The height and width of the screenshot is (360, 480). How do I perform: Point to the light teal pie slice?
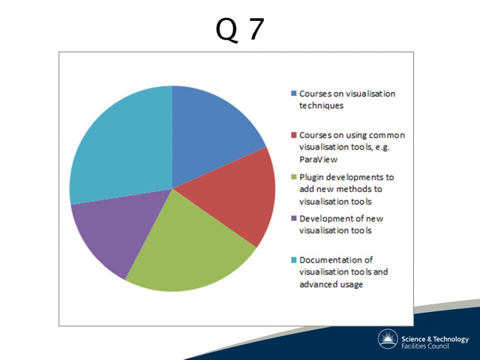coord(122,144)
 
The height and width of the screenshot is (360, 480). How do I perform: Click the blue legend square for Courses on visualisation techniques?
coord(294,94)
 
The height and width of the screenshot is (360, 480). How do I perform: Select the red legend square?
coord(294,135)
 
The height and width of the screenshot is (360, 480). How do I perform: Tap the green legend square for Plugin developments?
coord(294,177)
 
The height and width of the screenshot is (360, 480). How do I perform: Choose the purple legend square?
coord(294,218)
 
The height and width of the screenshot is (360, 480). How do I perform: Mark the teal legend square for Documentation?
coord(294,260)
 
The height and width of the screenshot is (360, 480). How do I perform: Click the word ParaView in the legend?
coord(319,160)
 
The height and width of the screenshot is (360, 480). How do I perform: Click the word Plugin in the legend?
coord(310,178)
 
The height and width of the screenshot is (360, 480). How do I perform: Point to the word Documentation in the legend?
coord(327,260)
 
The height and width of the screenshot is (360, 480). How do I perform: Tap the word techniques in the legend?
coord(322,106)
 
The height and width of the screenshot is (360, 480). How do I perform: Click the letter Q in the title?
coord(227,30)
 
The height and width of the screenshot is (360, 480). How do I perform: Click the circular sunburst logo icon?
coord(388,339)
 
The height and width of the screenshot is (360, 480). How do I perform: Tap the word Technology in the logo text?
coord(451,340)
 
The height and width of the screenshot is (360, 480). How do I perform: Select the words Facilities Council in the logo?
coord(425,346)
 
